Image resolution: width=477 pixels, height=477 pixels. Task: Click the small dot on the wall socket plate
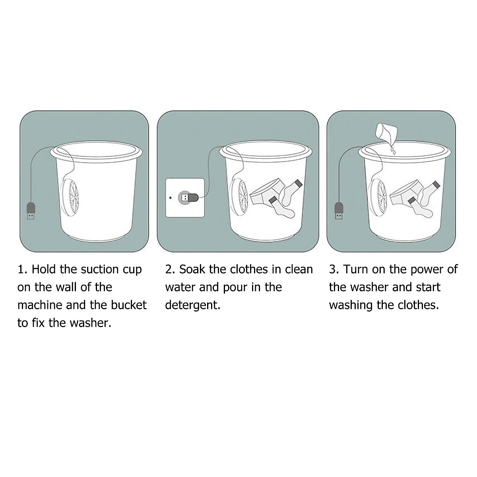coord(170,197)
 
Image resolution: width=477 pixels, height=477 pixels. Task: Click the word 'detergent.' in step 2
coord(193,305)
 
